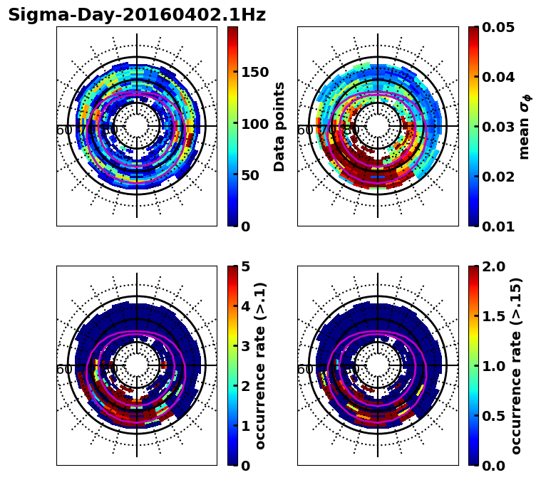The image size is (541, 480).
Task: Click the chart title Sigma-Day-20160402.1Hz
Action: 136,15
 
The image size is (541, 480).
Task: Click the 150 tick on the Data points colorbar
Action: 254,72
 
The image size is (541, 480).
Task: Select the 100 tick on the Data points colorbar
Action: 254,124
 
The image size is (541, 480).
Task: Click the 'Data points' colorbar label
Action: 279,127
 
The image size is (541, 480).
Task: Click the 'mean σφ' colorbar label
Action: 524,127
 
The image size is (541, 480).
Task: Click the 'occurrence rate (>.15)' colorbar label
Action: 516,366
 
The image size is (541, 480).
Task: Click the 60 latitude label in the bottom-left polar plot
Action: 64,370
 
